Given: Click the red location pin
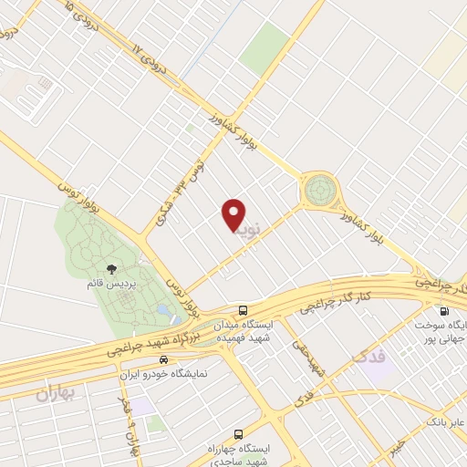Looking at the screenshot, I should pos(234,214).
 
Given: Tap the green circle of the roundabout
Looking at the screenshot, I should pos(320,191).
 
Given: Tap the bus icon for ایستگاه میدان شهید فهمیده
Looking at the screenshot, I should pos(244,309).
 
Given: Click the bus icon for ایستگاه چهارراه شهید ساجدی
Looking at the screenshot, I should pos(238,434).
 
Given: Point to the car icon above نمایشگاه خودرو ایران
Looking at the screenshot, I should pos(162,360).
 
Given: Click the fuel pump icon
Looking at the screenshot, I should pos(444,310).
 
